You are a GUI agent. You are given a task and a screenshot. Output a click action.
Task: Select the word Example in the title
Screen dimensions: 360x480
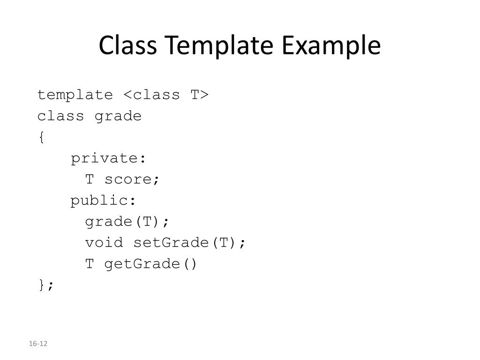pyautogui.click(x=331, y=46)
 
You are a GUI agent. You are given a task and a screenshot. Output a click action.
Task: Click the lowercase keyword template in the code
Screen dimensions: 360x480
pyautogui.click(x=75, y=95)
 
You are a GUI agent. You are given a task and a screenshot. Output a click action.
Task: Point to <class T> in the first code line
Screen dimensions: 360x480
pyautogui.click(x=166, y=95)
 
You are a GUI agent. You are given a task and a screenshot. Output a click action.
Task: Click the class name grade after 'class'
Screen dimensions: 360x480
pyautogui.click(x=118, y=116)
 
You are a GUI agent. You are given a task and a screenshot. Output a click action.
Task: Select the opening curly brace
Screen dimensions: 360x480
pyautogui.click(x=41, y=137)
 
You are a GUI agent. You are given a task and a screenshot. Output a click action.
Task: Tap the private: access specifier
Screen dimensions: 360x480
pyautogui.click(x=109, y=158)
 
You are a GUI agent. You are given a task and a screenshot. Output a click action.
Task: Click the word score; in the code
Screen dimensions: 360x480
pyautogui.click(x=132, y=180)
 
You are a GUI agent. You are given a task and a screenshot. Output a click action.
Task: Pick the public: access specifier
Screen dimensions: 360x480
pyautogui.click(x=104, y=201)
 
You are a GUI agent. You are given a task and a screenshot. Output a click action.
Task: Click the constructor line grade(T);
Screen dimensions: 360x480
pyautogui.click(x=127, y=222)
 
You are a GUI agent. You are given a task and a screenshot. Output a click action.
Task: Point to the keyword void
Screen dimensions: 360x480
pyautogui.click(x=104, y=243)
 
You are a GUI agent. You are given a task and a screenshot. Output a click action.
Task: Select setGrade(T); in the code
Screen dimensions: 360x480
pyautogui.click(x=189, y=243)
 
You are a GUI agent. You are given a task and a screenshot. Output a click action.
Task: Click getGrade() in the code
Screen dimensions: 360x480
pyautogui.click(x=151, y=264)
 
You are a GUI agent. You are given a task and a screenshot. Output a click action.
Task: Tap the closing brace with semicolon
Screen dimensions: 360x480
pyautogui.click(x=46, y=285)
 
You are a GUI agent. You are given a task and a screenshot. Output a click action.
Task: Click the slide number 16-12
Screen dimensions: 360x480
pyautogui.click(x=38, y=344)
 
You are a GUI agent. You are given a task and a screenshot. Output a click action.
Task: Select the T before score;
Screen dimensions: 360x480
pyautogui.click(x=90, y=180)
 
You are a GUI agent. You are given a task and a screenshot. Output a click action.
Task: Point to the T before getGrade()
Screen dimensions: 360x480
pyautogui.click(x=90, y=264)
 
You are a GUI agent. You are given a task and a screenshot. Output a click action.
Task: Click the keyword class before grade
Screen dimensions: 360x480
pyautogui.click(x=61, y=116)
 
